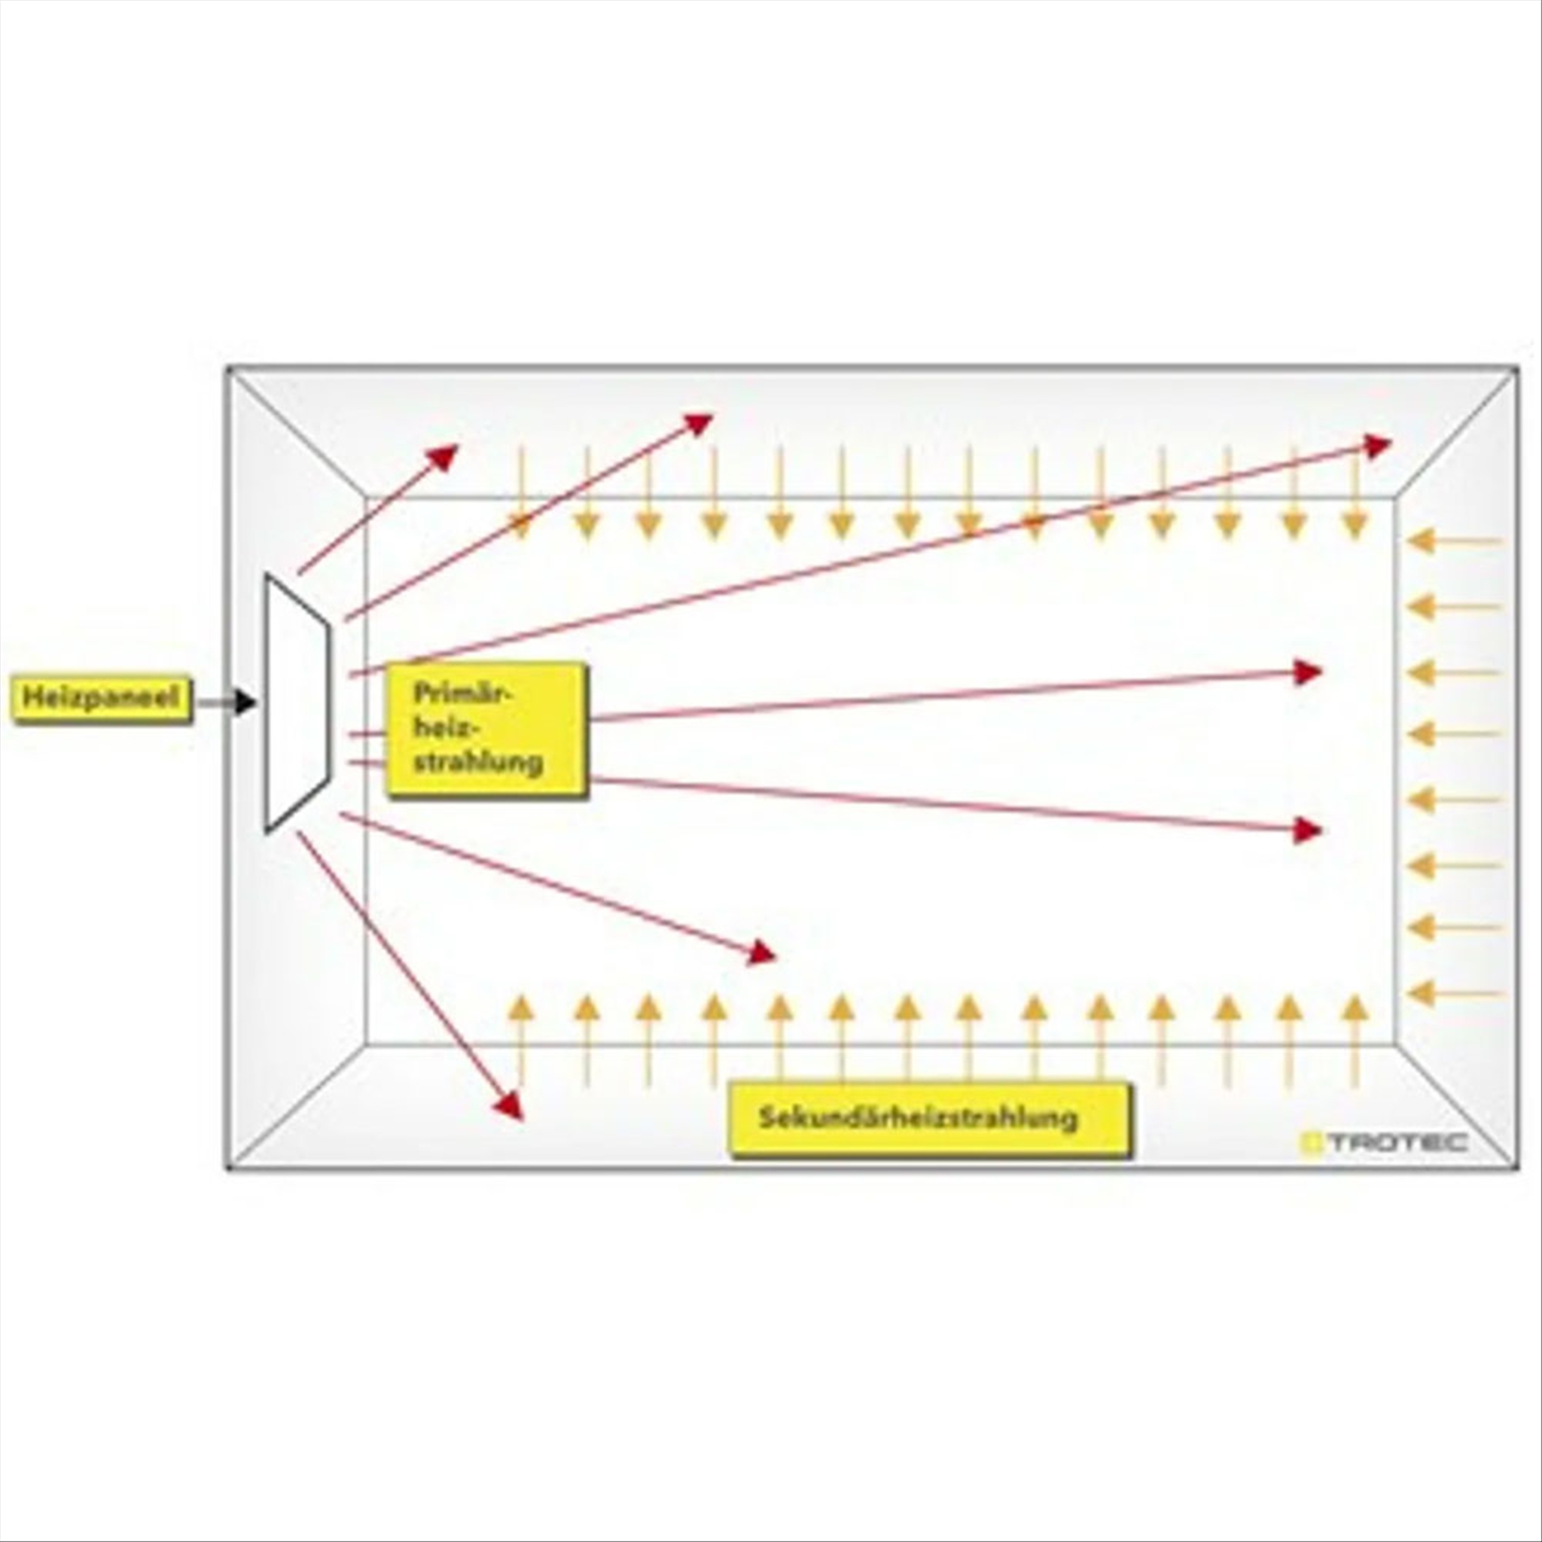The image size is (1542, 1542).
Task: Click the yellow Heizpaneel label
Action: pyautogui.click(x=102, y=699)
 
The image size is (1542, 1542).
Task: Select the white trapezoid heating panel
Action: pyautogui.click(x=297, y=702)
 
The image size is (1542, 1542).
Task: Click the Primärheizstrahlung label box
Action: pyautogui.click(x=487, y=730)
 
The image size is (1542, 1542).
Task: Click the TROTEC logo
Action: pyautogui.click(x=1382, y=1143)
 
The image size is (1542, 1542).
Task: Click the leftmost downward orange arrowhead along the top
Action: pyautogui.click(x=520, y=527)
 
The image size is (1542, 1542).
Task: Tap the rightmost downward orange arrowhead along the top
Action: pyautogui.click(x=1354, y=527)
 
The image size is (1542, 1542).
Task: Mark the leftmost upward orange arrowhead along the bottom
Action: pyautogui.click(x=520, y=1007)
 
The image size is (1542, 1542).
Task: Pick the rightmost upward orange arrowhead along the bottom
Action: pyautogui.click(x=1354, y=1007)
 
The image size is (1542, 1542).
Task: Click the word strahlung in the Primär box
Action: pyautogui.click(x=478, y=761)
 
